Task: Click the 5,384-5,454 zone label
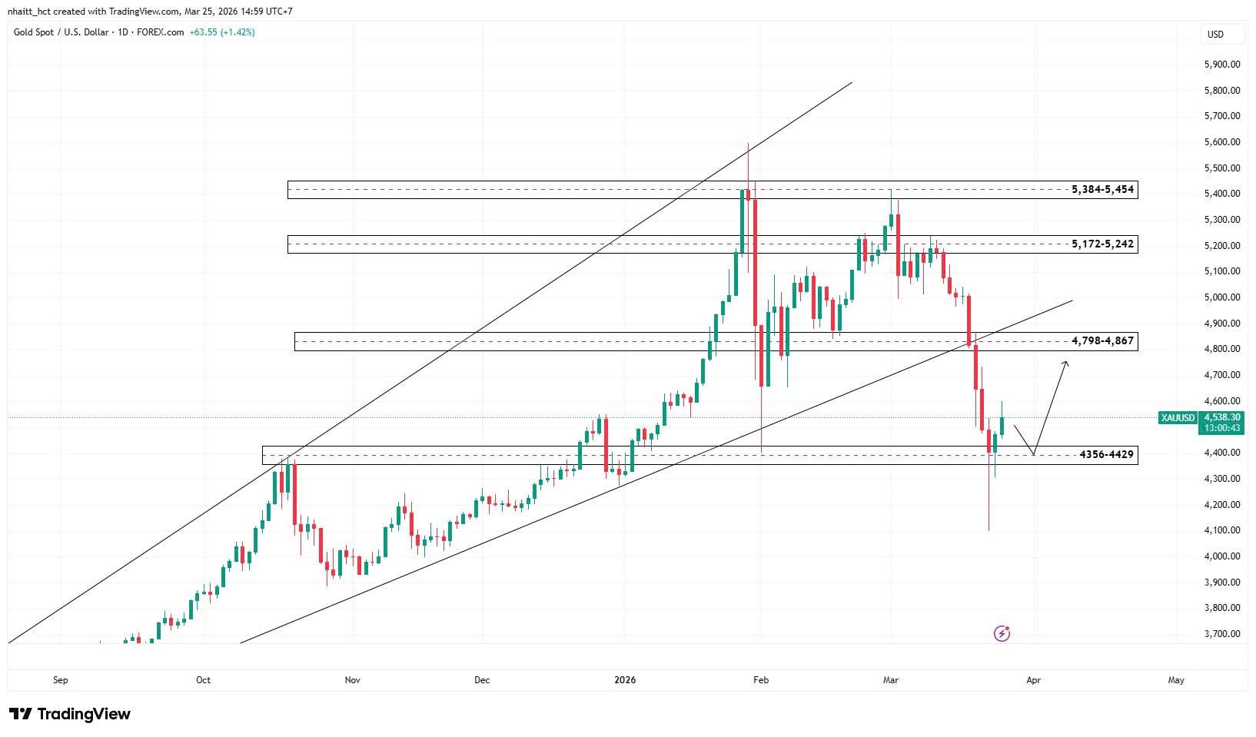coord(1102,189)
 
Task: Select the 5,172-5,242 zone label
coord(1102,244)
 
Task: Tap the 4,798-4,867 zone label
coord(1102,340)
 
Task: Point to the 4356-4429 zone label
coord(1106,454)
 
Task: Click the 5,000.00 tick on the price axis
coord(1221,297)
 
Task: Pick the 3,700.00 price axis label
coord(1221,634)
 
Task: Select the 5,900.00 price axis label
coord(1221,65)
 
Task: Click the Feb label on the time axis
coord(761,679)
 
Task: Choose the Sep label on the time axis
coord(61,679)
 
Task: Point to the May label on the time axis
coord(1175,679)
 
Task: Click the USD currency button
coord(1215,34)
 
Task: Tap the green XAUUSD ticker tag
coord(1178,417)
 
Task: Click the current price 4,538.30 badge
coord(1221,417)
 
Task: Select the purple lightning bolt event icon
coord(1002,633)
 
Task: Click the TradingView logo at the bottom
coord(70,714)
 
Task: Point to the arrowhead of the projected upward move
coord(1065,363)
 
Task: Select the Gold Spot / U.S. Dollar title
coord(62,32)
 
